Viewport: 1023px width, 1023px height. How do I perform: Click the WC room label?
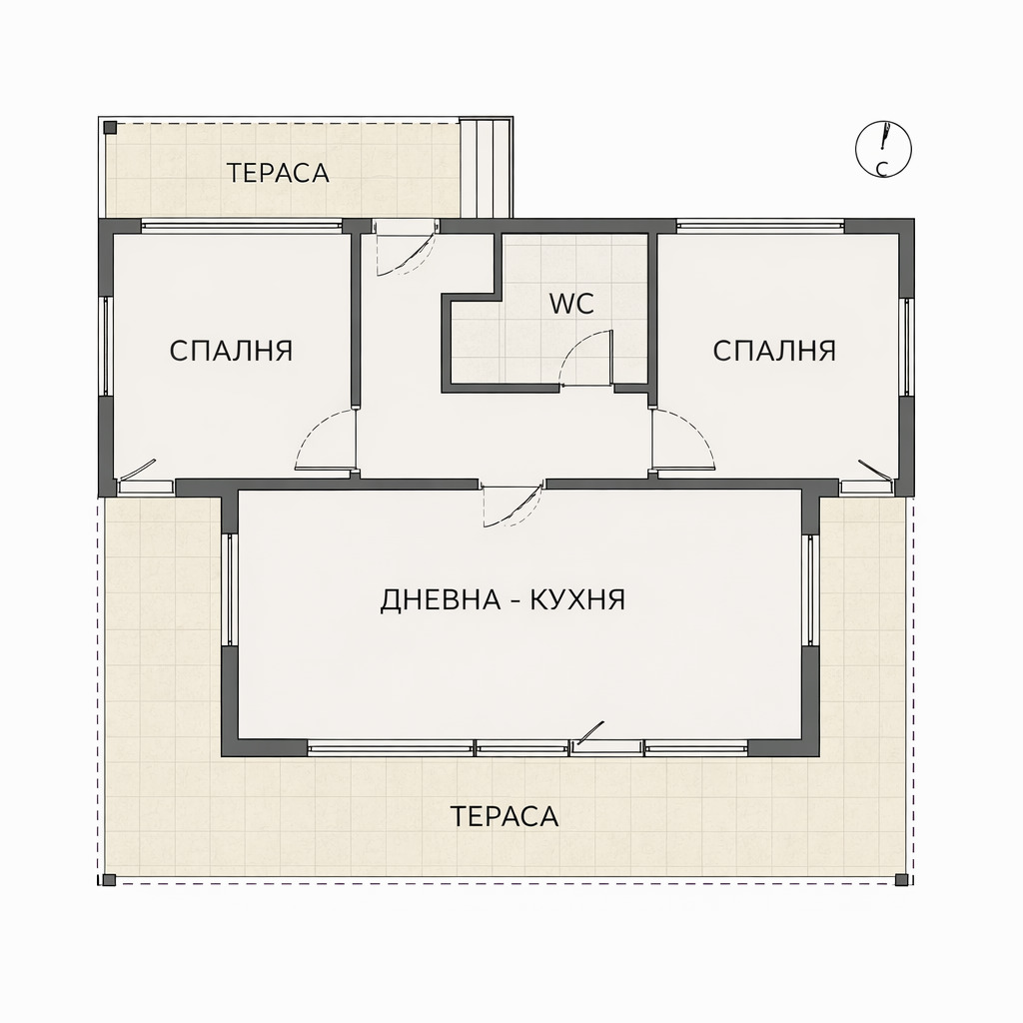pos(571,304)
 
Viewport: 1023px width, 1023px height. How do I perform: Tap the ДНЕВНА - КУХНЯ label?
pos(503,600)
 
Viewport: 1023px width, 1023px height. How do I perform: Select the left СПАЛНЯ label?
pos(231,352)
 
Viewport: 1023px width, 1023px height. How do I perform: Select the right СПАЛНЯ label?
pos(774,351)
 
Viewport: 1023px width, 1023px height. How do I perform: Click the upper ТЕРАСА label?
pos(278,173)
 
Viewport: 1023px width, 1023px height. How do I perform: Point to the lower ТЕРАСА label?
pos(504,816)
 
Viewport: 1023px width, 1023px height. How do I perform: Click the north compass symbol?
pos(883,149)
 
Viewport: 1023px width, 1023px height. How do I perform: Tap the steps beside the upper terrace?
pos(486,167)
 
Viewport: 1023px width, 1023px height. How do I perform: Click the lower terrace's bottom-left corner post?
pos(109,880)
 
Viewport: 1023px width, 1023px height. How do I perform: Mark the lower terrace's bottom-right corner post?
pos(901,880)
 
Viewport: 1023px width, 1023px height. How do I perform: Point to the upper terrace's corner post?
pos(110,128)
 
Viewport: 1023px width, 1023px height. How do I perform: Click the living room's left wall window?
pos(230,589)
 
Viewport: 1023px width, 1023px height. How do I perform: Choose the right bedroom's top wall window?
pos(759,227)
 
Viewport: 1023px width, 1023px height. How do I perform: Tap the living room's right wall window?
pos(811,589)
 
